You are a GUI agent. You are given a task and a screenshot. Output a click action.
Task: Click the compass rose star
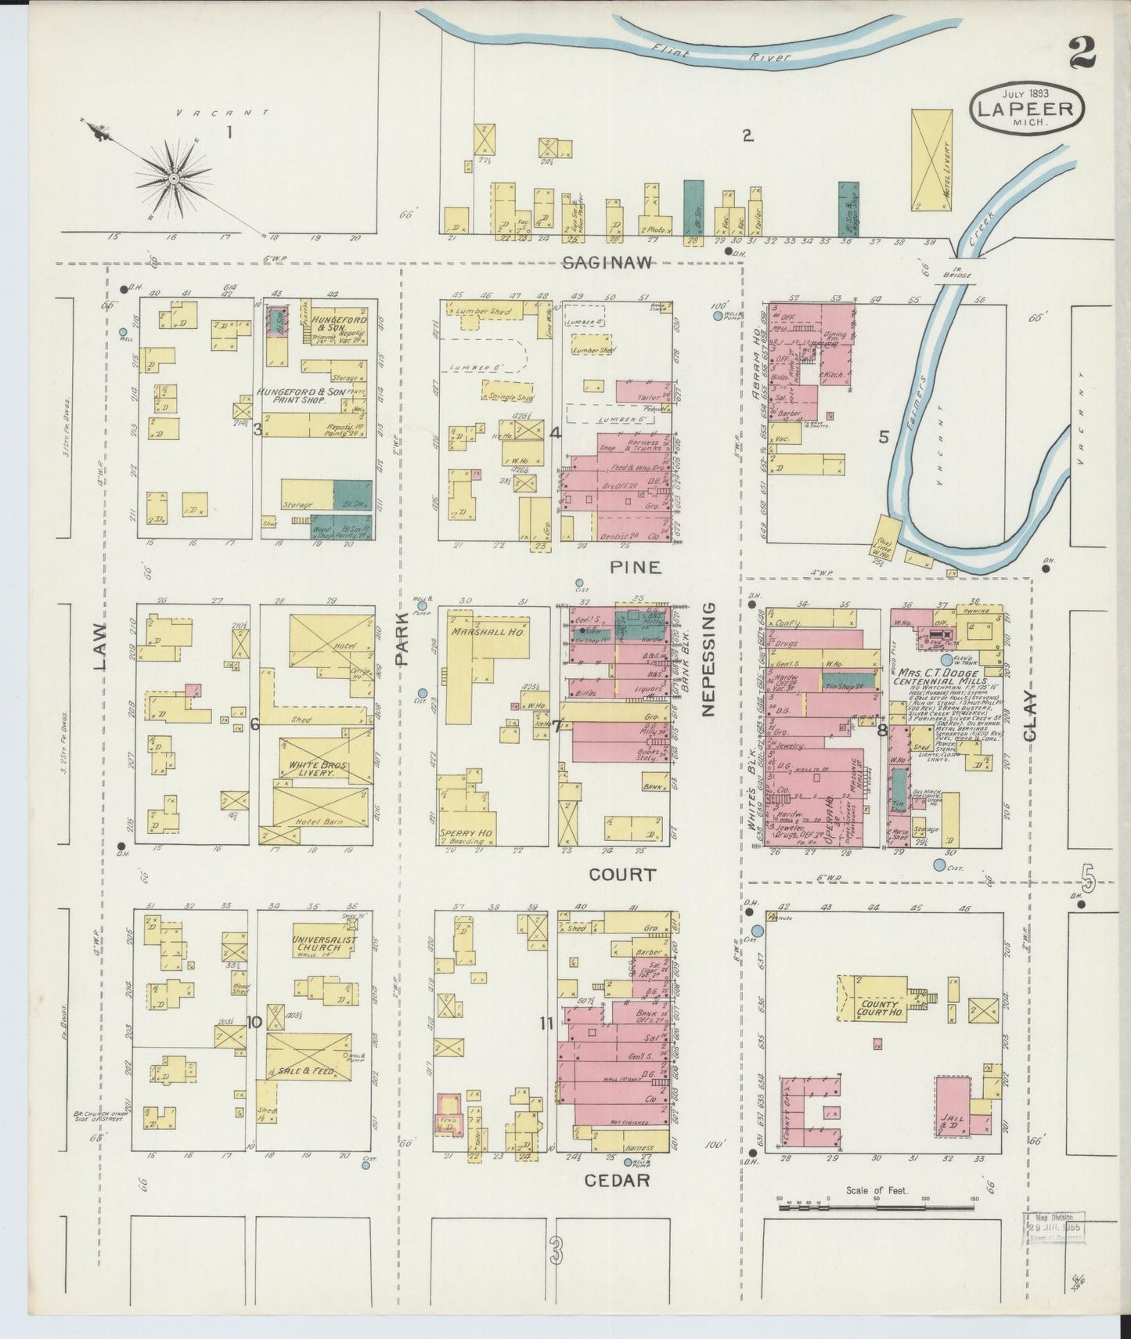coord(174,179)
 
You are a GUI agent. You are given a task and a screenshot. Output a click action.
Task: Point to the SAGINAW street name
coord(607,264)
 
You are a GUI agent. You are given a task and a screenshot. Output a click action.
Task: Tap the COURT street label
coord(622,875)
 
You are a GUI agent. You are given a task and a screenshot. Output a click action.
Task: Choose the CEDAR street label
coord(618,1179)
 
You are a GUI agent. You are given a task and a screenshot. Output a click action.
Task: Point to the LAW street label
coord(99,647)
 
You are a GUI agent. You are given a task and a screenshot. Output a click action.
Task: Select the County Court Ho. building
coord(879,1008)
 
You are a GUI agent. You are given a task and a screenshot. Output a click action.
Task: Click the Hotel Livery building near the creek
coord(931,160)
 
